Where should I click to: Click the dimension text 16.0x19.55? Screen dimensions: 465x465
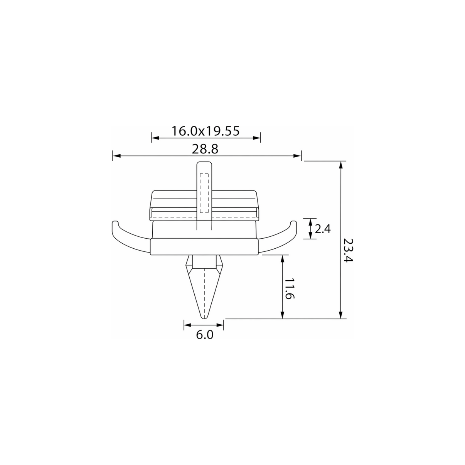[x=206, y=131]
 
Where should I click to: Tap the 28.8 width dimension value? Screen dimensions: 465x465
[x=205, y=149]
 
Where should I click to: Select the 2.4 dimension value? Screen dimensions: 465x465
[x=323, y=229]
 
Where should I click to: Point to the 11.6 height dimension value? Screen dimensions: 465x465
[x=289, y=289]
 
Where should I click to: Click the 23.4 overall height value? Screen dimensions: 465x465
[x=348, y=250]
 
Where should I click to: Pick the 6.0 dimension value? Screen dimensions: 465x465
[x=205, y=335]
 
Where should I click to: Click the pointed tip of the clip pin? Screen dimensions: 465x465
[x=205, y=318]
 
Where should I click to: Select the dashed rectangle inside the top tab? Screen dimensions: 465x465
[x=205, y=193]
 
